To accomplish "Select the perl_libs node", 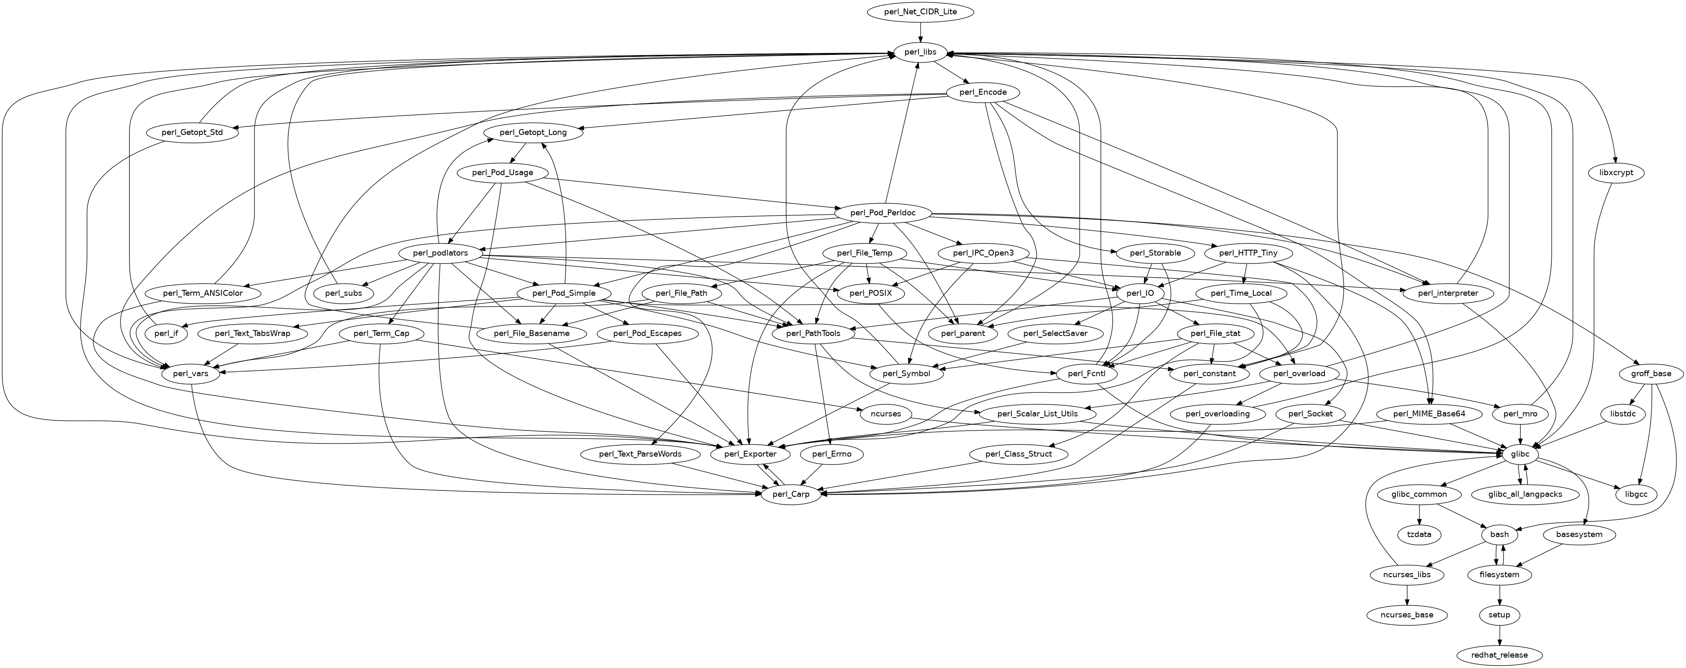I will click(x=920, y=52).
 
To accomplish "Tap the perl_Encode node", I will click(x=983, y=92).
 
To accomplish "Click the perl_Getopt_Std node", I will click(x=192, y=132).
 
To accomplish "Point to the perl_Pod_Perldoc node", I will click(x=882, y=213).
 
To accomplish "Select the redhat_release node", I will click(x=1499, y=655).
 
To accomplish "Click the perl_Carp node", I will click(x=790, y=495).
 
